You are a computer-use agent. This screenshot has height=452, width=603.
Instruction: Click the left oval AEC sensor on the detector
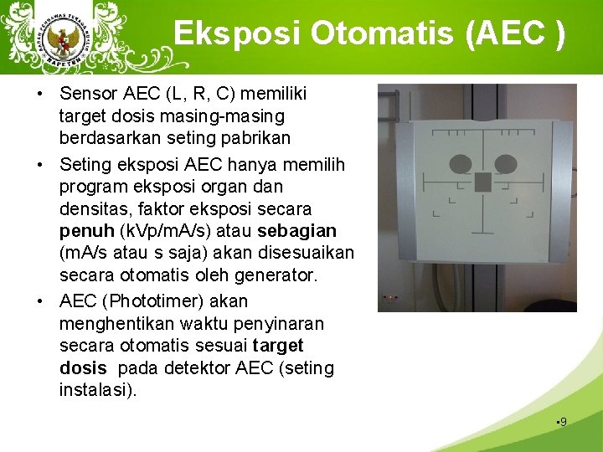pos(460,164)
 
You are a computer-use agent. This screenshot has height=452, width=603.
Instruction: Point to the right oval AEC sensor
pos(505,164)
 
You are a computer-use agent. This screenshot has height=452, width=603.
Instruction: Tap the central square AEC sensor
pos(483,182)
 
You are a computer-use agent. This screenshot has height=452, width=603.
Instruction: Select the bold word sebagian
pos(297,230)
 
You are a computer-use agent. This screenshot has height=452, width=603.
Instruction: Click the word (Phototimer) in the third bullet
pos(159,300)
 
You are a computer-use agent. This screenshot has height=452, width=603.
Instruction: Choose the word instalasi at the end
pos(95,391)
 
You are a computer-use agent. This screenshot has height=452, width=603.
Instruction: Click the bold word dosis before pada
pos(83,368)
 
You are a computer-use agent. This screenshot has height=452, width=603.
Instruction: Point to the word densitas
pos(90,208)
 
